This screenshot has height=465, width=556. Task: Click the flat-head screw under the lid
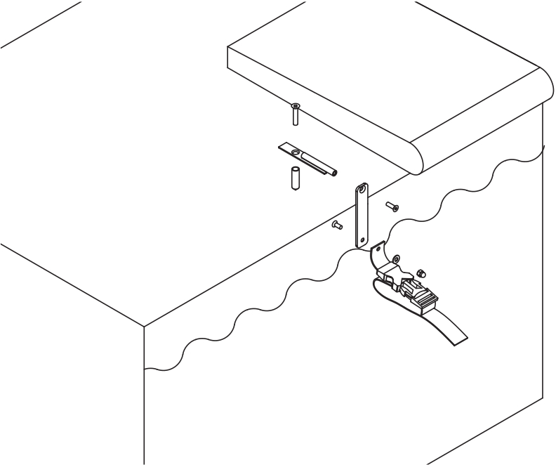(296, 113)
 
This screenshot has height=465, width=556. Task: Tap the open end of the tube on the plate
(335, 172)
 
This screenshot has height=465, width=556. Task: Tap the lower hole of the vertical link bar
(362, 240)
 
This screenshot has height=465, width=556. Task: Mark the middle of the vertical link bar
(362, 214)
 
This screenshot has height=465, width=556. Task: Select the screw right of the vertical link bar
(392, 207)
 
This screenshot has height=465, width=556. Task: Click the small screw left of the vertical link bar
(336, 225)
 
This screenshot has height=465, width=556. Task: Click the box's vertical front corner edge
(144, 393)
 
